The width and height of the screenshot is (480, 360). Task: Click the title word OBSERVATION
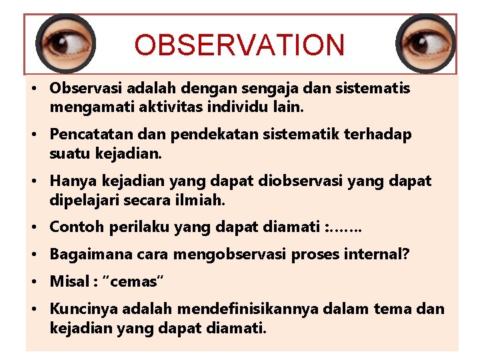(239, 45)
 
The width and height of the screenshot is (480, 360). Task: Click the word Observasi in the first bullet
(83, 88)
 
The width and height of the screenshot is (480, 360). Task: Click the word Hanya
(70, 181)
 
